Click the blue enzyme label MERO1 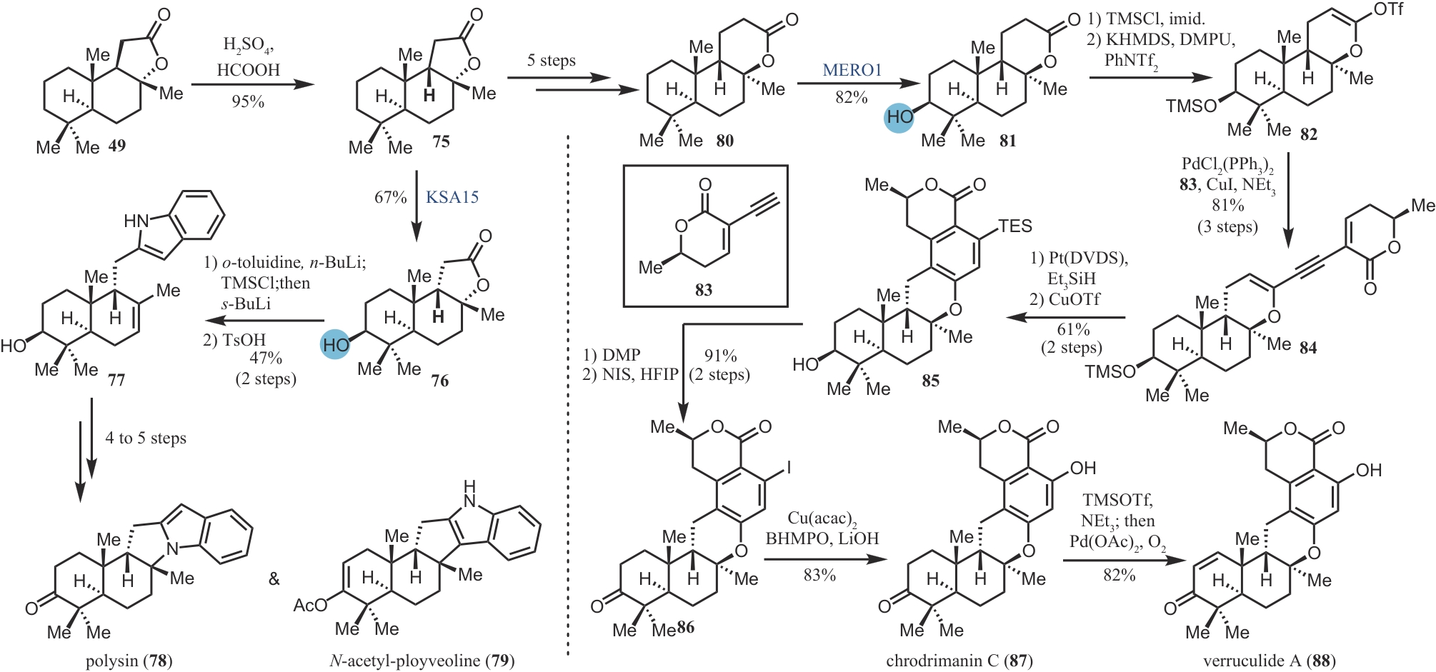[852, 70]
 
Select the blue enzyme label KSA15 [452, 197]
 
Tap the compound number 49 [117, 146]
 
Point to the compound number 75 [441, 141]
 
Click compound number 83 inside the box [704, 289]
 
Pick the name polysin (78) [129, 661]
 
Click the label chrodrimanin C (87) [959, 661]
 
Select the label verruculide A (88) [1269, 661]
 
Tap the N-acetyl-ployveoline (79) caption [422, 661]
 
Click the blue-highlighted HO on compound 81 [899, 117]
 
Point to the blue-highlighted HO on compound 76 [335, 345]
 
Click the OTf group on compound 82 [1387, 9]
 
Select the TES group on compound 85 [1014, 226]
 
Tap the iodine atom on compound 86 [788, 468]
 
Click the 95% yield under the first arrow [248, 101]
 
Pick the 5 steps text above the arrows [551, 61]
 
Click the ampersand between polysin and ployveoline [274, 579]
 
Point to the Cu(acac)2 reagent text [822, 518]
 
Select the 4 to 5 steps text [146, 438]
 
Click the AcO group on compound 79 [309, 606]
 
